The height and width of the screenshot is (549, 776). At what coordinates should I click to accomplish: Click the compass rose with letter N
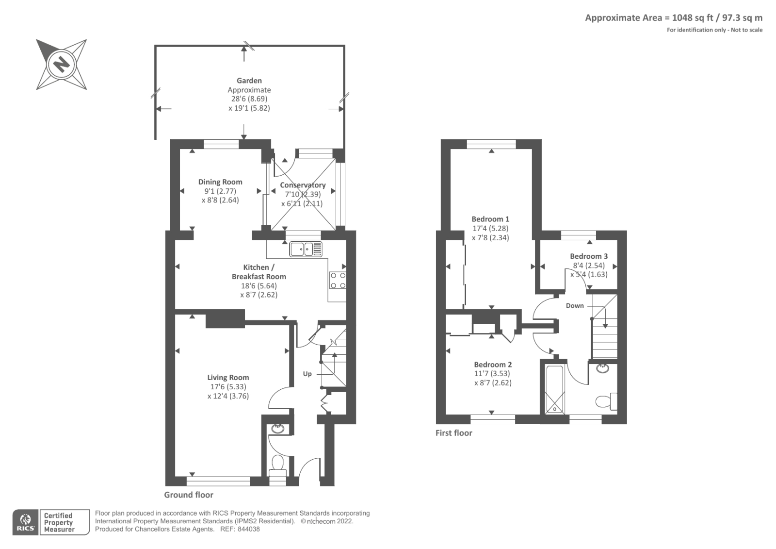[x=62, y=64]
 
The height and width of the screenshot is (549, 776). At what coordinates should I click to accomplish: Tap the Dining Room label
[x=220, y=182]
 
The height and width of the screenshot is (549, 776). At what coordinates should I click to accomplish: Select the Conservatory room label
[x=303, y=185]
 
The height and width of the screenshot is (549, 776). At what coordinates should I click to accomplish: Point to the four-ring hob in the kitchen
[x=338, y=281]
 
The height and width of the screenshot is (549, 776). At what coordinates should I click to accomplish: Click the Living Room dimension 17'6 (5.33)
[x=228, y=387]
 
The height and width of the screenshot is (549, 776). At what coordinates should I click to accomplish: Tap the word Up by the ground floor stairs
[x=307, y=374]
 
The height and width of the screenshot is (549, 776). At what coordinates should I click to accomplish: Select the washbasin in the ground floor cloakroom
[x=278, y=429]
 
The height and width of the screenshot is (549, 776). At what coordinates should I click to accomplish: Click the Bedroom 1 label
[x=490, y=219]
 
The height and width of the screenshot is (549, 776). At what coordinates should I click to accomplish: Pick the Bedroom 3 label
[x=588, y=256]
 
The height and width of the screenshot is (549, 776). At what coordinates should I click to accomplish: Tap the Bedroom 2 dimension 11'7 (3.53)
[x=493, y=374]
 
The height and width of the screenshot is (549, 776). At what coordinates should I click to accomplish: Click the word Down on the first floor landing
[x=575, y=306]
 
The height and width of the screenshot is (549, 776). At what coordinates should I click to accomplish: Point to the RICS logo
[x=25, y=522]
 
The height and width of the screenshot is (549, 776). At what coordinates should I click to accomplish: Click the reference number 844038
[x=248, y=529]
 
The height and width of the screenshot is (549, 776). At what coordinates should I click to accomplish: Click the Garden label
[x=249, y=81]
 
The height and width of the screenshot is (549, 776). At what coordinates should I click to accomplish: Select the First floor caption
[x=453, y=433]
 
